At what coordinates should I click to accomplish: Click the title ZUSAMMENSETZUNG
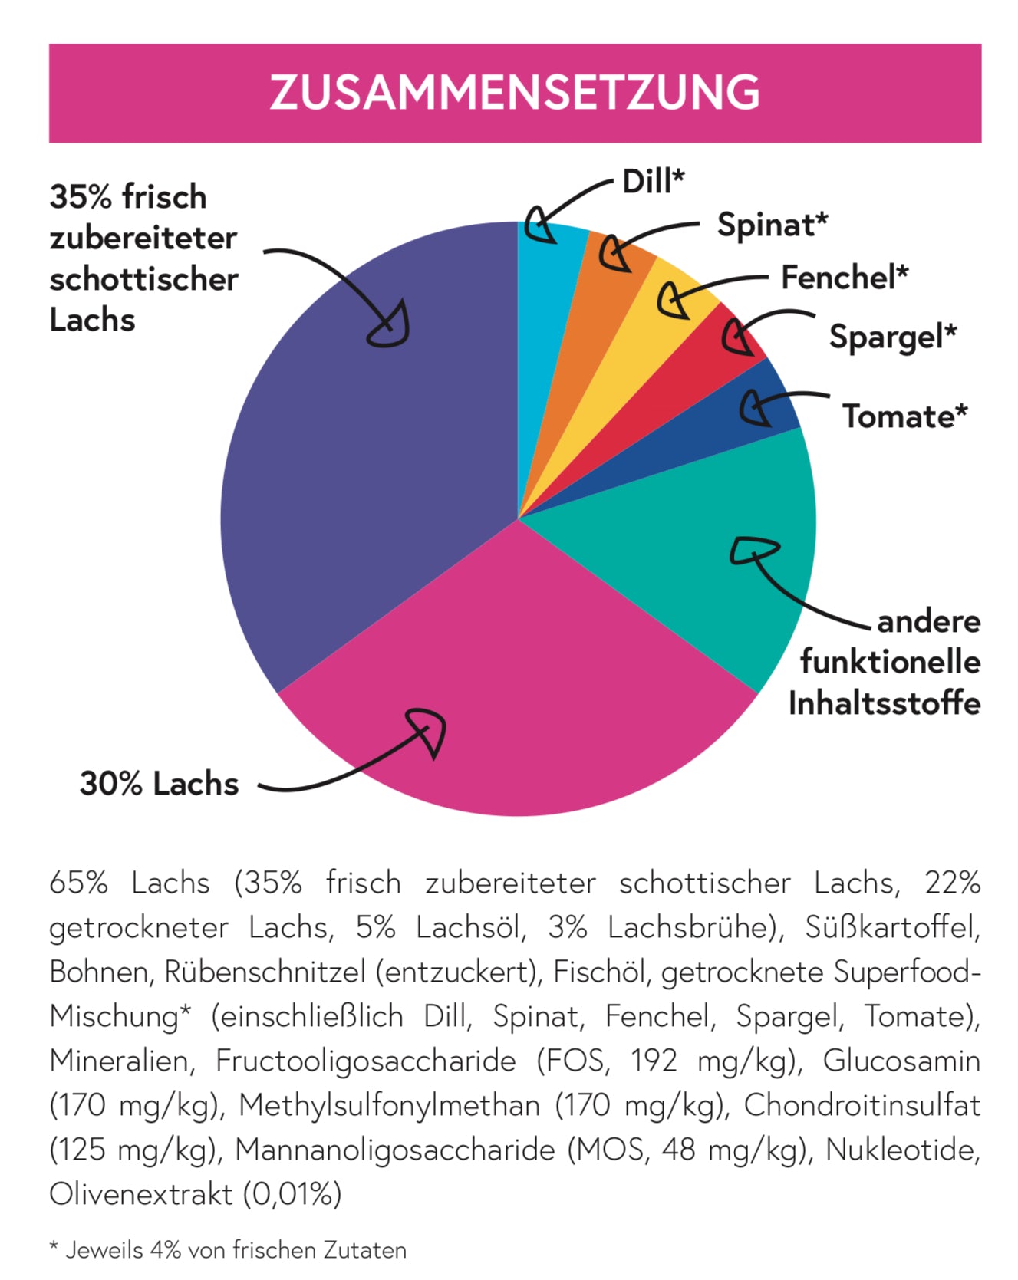tap(514, 93)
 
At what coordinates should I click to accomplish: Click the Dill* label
tap(653, 183)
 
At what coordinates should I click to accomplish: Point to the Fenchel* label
tap(845, 278)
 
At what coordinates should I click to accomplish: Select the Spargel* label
tap(893, 337)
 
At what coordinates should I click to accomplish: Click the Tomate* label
tap(904, 416)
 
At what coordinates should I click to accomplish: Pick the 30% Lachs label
tap(160, 784)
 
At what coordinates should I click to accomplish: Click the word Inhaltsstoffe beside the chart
tap(885, 703)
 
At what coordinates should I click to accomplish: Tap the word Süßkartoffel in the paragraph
tap(892, 928)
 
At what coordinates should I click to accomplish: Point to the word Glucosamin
tap(901, 1061)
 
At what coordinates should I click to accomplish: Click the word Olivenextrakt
tap(140, 1195)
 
